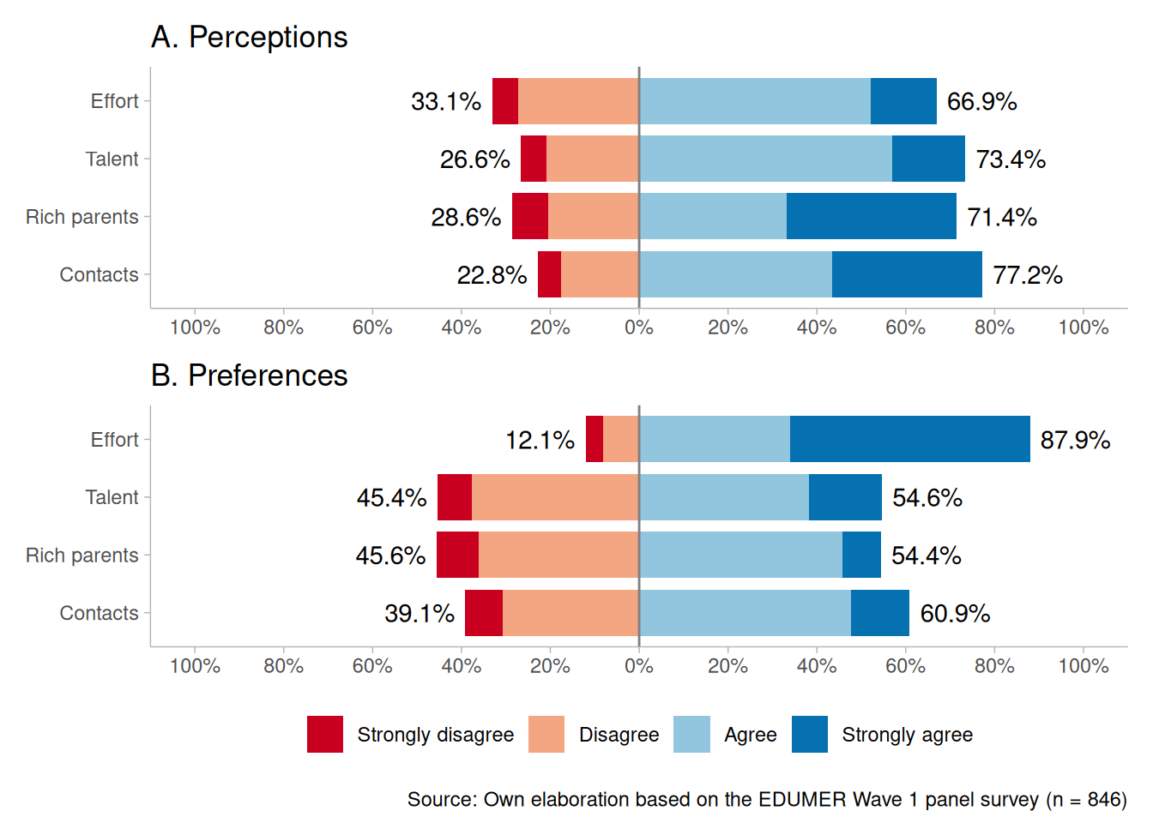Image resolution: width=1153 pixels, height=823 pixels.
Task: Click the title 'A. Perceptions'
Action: click(x=249, y=38)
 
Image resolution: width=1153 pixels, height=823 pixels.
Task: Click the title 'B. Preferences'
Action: click(x=249, y=375)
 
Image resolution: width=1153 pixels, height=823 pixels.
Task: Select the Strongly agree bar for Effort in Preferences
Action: click(x=909, y=439)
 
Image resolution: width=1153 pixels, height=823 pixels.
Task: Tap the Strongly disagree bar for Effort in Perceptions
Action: click(x=505, y=101)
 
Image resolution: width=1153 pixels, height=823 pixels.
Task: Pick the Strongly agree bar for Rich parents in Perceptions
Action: click(x=871, y=216)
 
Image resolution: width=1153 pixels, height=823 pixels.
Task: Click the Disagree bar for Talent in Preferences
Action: click(x=555, y=497)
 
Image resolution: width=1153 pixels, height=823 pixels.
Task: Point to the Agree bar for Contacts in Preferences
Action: click(x=745, y=613)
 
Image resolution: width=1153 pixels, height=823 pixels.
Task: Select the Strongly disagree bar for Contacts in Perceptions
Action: click(x=549, y=274)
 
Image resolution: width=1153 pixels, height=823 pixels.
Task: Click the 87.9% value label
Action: click(x=1075, y=440)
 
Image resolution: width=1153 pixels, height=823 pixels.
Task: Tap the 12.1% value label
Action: click(x=540, y=440)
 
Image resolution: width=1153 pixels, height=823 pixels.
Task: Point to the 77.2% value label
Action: click(x=1027, y=275)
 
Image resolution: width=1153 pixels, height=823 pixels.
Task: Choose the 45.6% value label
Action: click(x=390, y=556)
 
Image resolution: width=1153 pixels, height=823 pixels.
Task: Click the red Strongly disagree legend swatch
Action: click(x=325, y=735)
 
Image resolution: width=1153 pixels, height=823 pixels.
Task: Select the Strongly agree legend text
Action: click(x=907, y=735)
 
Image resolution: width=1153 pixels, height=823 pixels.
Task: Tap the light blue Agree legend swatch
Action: click(x=691, y=735)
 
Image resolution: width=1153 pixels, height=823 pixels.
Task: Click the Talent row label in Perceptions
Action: click(x=112, y=159)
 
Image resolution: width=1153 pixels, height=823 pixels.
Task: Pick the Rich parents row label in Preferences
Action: click(x=81, y=556)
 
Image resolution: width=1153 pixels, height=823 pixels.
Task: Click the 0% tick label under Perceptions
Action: click(x=639, y=327)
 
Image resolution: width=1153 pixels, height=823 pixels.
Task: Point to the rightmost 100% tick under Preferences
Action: click(x=1084, y=666)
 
